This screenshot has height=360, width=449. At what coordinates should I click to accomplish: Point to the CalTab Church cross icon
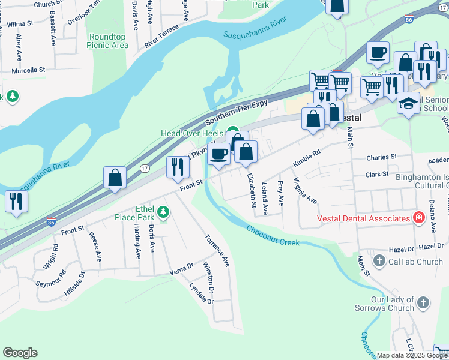coord(379,261)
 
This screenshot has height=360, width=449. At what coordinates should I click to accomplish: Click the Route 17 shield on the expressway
coord(144,169)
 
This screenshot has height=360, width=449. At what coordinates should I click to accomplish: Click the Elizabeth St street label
coord(250,190)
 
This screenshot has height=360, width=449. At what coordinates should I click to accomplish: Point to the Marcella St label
coord(29,70)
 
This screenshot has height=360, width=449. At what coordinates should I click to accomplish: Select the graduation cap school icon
coord(408,102)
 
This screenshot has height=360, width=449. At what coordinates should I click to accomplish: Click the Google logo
coord(20,353)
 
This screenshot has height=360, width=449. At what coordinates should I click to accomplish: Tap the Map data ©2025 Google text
coord(412,355)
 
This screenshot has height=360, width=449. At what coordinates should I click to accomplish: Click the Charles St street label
coord(382,157)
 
